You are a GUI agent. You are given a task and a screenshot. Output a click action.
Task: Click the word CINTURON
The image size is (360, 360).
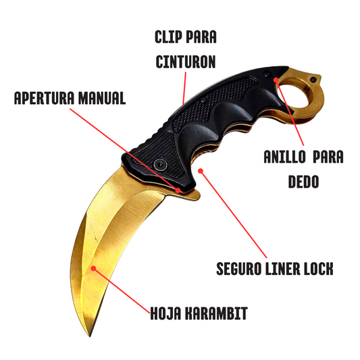coord(186,61)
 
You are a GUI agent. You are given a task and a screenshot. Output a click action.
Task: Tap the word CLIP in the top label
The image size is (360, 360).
coord(168,37)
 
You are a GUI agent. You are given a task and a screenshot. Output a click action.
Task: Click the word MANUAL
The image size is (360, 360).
coord(102,98)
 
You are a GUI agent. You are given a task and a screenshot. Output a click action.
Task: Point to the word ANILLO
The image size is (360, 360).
coord(284,157)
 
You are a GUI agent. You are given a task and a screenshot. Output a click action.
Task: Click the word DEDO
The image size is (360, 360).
coord(303,182)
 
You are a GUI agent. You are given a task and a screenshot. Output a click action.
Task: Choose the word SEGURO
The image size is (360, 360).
coord(239,268)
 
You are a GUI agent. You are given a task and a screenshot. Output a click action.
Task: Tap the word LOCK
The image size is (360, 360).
coord(319,268)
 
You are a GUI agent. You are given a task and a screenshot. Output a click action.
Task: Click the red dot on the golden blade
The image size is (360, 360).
coord(93,268)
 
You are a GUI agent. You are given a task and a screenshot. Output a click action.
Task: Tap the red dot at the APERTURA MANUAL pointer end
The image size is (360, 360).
coord(178,190)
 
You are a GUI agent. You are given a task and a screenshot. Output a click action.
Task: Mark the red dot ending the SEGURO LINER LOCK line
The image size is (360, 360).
coord(201,171)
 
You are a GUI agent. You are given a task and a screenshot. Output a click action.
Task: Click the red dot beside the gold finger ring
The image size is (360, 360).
coord(276,80)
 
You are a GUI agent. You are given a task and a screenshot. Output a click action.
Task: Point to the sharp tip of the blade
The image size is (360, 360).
coord(90,336)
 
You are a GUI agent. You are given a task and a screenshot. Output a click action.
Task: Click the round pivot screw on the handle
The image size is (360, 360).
coord(160,164)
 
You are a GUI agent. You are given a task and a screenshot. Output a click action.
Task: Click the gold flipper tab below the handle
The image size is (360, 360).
coord(188,195)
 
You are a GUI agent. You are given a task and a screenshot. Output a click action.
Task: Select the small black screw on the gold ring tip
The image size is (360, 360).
coord(313,80)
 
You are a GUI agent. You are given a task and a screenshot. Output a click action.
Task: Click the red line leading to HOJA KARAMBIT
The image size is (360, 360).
coord(122,290)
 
